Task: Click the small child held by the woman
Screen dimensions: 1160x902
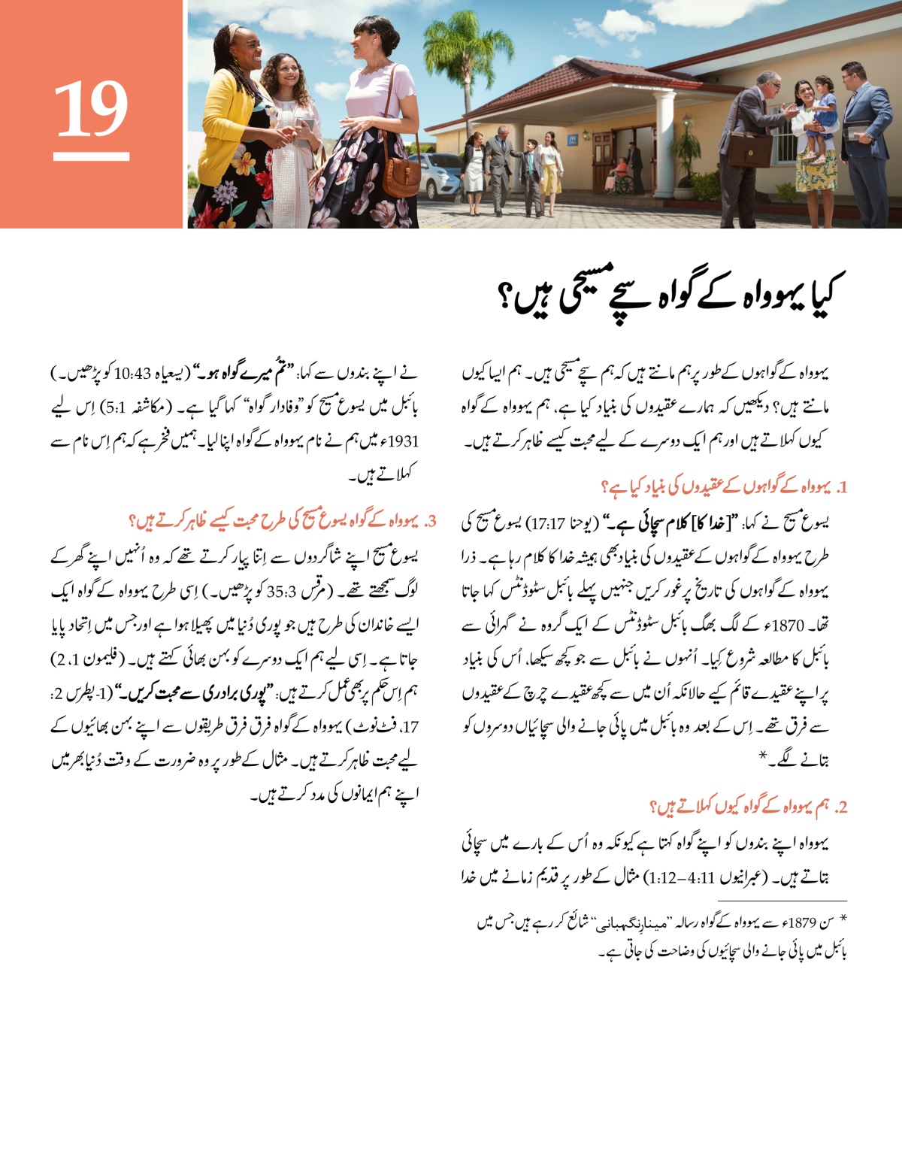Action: (x=822, y=113)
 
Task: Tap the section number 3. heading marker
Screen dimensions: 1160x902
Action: (x=429, y=520)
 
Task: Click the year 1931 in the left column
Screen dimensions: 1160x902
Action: (x=404, y=442)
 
